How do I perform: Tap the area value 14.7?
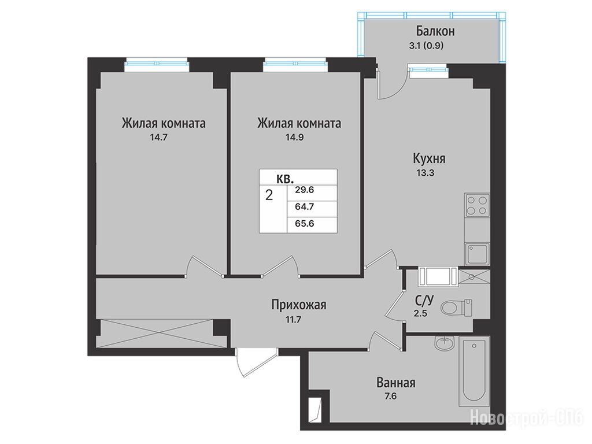(x=158, y=138)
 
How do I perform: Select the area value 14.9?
(x=294, y=138)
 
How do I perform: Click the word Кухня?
(x=429, y=158)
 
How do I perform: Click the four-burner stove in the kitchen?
(x=477, y=205)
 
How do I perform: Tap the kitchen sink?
(x=477, y=254)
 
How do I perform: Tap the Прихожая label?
(x=299, y=305)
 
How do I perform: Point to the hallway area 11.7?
(x=293, y=320)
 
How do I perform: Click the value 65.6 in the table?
(x=305, y=224)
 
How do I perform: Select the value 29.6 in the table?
(x=305, y=190)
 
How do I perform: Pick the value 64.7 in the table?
(x=305, y=207)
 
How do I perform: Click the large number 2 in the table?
(x=269, y=195)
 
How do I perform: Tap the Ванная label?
(x=396, y=383)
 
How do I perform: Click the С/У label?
(x=425, y=301)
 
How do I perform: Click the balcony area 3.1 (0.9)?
(x=426, y=46)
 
